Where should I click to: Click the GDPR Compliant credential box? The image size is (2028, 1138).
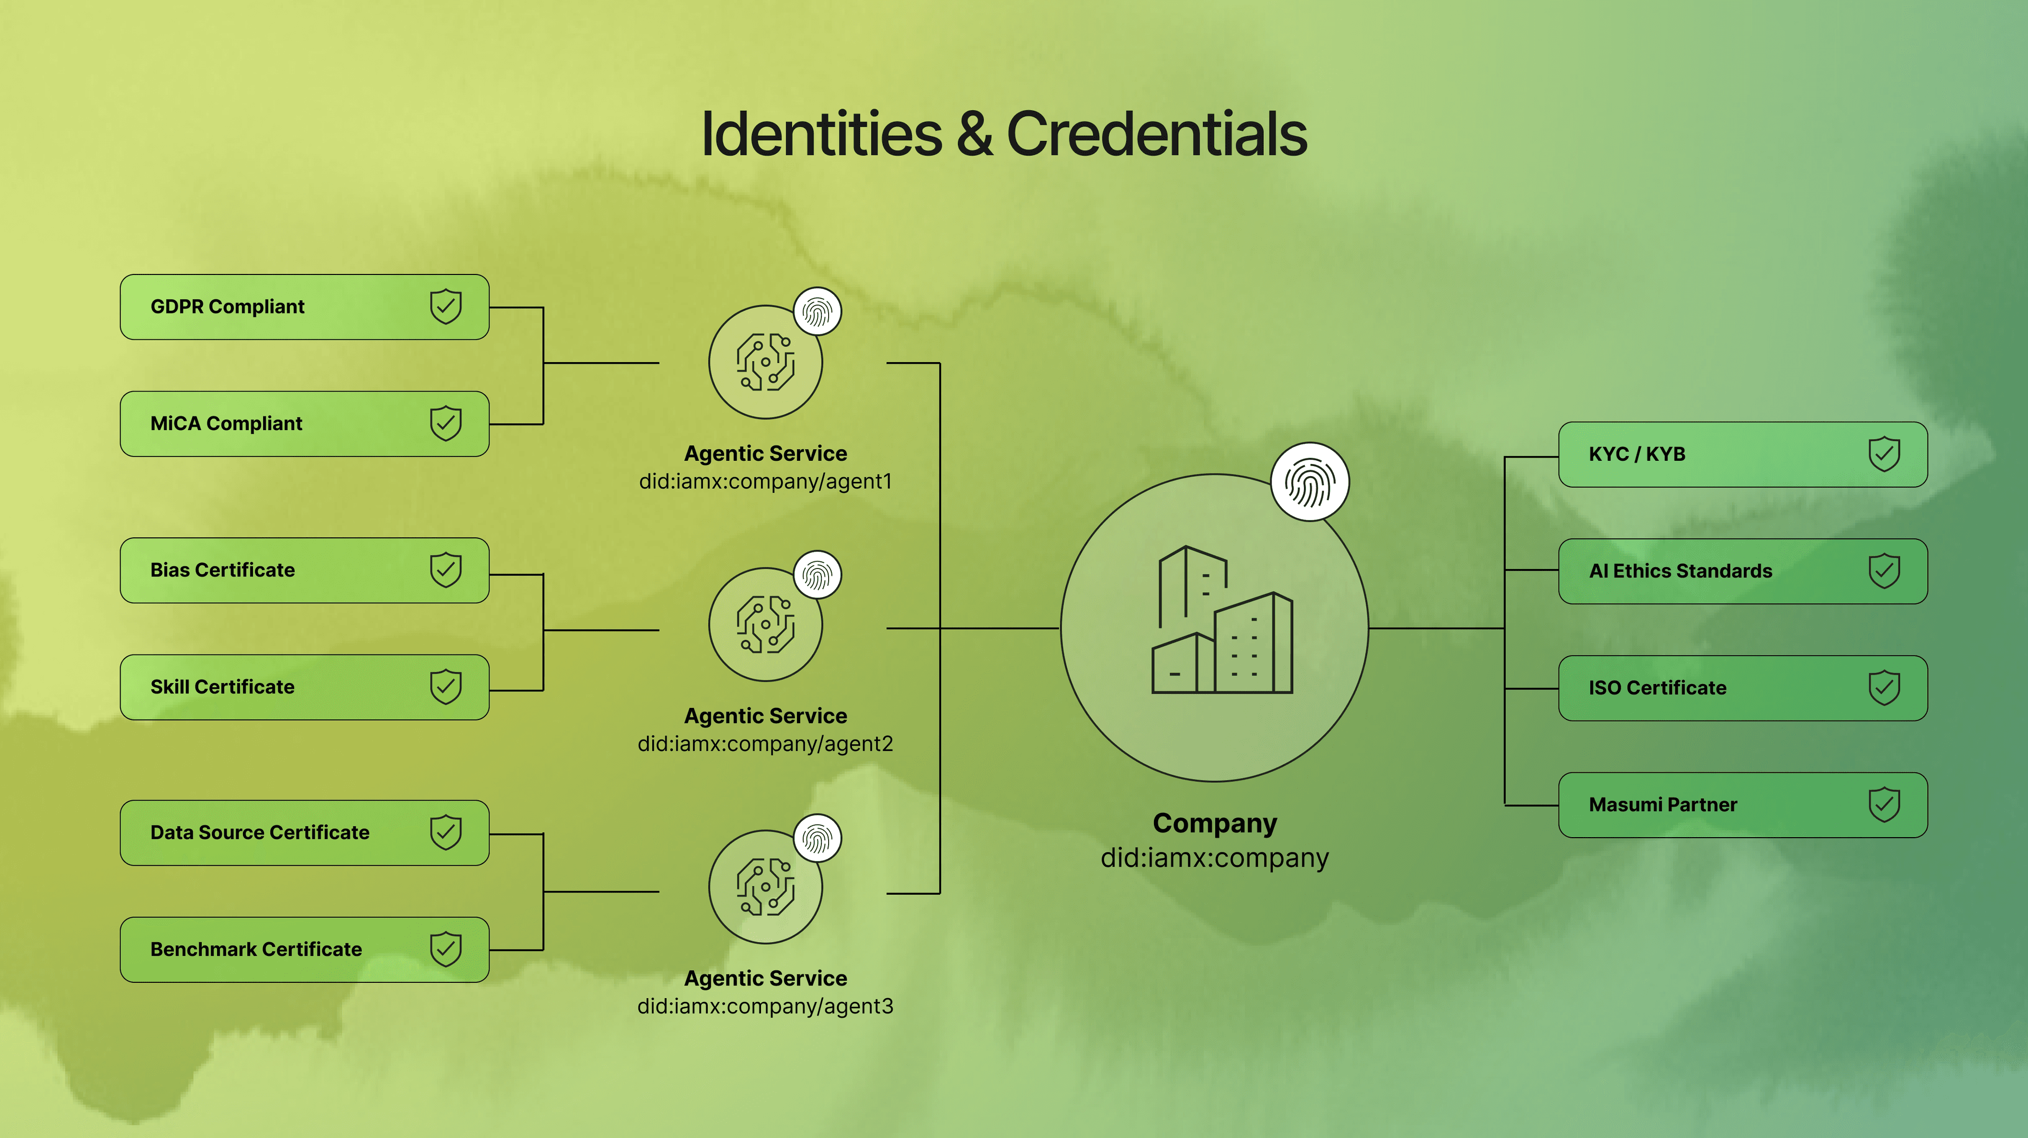click(304, 307)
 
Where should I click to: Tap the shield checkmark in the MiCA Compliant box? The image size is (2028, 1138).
click(446, 423)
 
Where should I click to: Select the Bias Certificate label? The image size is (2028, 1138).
click(223, 570)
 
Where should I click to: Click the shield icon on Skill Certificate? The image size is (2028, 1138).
click(446, 687)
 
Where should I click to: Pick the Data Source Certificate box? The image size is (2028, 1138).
click(304, 832)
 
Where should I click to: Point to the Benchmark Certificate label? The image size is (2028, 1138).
click(256, 949)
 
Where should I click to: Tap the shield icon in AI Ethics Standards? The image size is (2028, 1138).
click(1884, 571)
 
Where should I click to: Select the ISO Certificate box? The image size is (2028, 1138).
click(1742, 688)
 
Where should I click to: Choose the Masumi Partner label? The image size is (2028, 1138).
click(1663, 804)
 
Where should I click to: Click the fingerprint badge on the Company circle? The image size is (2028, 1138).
click(1309, 481)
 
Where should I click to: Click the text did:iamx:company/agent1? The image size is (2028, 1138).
click(765, 481)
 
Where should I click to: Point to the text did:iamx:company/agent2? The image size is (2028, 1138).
click(765, 744)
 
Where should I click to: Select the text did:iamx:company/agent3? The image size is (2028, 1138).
click(765, 1006)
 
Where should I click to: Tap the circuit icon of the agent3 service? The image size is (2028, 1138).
click(765, 887)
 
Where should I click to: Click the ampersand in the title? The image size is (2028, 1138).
click(974, 134)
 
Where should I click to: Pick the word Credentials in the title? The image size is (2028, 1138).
click(1157, 134)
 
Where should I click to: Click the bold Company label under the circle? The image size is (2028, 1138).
click(1214, 823)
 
